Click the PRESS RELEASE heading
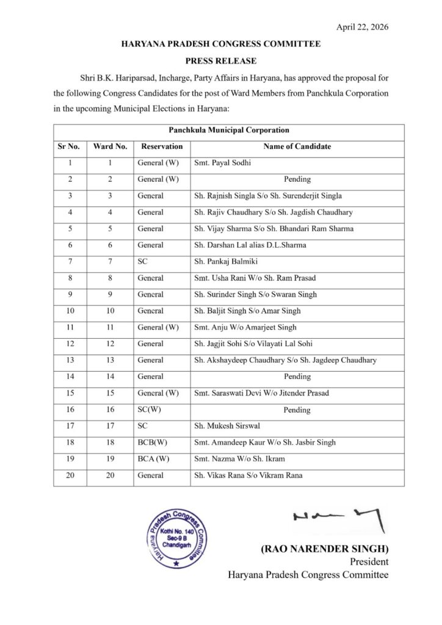(220, 61)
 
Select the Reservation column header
(162, 147)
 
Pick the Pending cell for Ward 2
(297, 179)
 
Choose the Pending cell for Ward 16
(297, 410)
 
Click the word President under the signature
(369, 562)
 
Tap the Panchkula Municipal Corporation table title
(220, 130)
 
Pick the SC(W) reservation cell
(151, 410)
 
